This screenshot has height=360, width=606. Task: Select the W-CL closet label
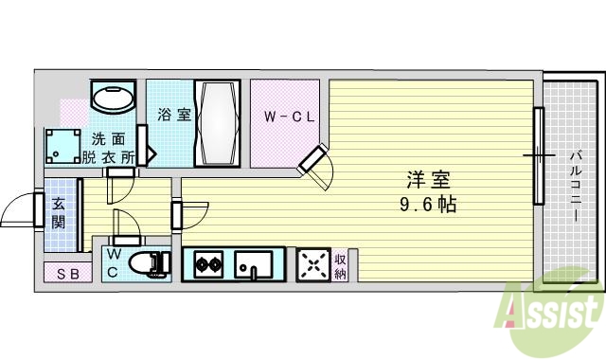click(x=289, y=118)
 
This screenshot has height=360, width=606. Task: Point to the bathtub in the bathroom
click(x=217, y=123)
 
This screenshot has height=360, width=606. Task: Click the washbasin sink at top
click(x=115, y=99)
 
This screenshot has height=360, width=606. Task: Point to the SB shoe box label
click(x=68, y=275)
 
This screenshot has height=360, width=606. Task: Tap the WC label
click(x=113, y=264)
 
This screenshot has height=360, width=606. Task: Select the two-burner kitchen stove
click(x=208, y=263)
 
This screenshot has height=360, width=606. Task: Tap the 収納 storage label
click(x=340, y=265)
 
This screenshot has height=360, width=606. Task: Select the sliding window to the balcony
click(x=538, y=156)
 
